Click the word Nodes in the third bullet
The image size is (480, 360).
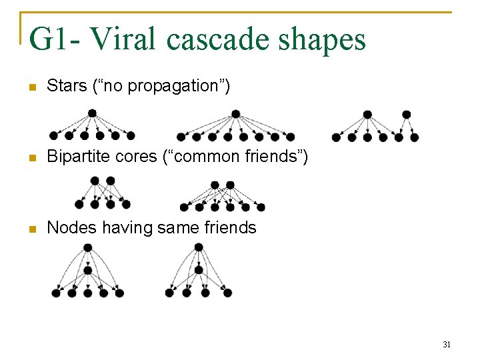[67, 227]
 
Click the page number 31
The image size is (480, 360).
[447, 345]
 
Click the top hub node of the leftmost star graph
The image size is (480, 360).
[92, 113]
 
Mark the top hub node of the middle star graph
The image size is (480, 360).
[235, 114]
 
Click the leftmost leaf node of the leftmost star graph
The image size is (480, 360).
[53, 136]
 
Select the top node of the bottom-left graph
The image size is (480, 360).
[87, 247]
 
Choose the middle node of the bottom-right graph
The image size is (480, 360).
[199, 270]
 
